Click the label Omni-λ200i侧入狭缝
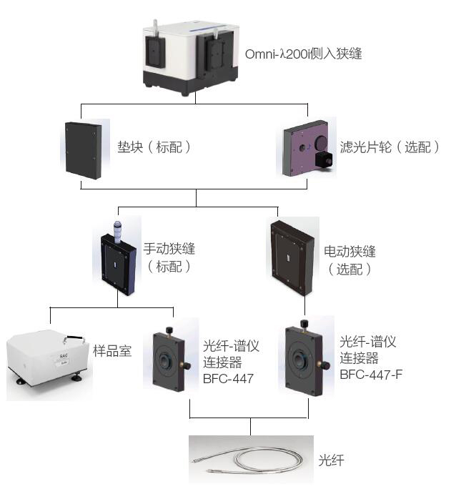click(303, 54)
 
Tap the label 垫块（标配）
click(154, 148)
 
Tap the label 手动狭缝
click(169, 250)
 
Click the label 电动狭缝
click(350, 252)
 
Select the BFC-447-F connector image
click(306, 357)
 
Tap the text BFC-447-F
click(371, 372)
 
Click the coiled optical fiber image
click(252, 458)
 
